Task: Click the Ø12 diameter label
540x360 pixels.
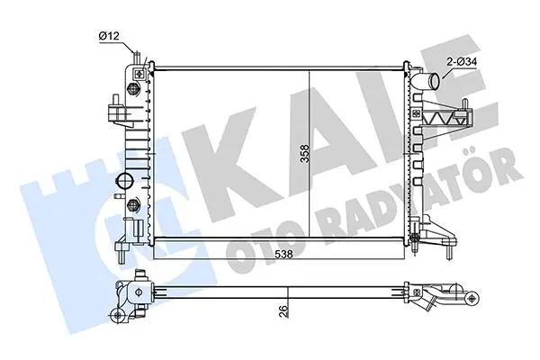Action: pos(109,36)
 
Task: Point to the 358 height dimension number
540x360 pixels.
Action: pos(304,154)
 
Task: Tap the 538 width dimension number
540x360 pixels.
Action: pos(283,254)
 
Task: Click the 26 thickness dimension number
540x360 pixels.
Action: pos(283,311)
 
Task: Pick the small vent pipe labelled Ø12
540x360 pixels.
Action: pos(137,58)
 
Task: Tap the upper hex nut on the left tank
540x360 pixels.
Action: pos(133,89)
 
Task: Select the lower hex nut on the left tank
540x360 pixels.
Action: pos(133,206)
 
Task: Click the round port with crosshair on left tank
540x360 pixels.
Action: pos(125,181)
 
